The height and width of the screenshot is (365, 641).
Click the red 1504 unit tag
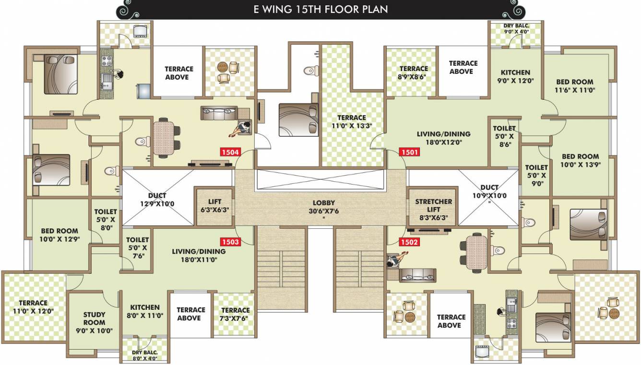tap(230, 153)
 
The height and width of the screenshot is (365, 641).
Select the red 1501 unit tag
tap(409, 153)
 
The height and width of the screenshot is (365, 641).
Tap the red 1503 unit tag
tap(230, 242)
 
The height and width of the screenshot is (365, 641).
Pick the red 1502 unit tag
tap(409, 242)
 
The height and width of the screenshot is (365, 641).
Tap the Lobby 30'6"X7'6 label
tap(324, 207)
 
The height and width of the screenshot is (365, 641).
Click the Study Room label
tap(94, 322)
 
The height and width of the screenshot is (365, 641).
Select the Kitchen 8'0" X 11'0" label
tap(145, 311)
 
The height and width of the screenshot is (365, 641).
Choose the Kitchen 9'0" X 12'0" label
tap(516, 77)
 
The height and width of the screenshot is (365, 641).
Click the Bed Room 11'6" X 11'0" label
tap(575, 85)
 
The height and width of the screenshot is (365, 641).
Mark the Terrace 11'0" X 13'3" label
tap(351, 121)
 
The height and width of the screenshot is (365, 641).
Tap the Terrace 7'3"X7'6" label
tap(235, 314)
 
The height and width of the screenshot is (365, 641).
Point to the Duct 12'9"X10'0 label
tap(157, 200)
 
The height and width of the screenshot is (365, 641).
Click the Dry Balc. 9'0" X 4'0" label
tap(516, 28)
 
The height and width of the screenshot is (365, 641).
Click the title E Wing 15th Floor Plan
tap(320, 9)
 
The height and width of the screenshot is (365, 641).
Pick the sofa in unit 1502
tap(417, 274)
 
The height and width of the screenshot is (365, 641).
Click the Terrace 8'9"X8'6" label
tap(413, 72)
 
